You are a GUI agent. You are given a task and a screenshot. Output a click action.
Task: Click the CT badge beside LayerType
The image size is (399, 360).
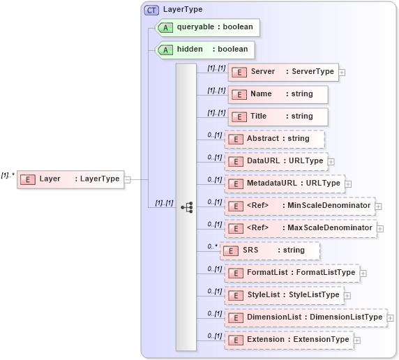(151, 10)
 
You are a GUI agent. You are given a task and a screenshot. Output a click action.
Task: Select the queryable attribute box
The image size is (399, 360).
(207, 27)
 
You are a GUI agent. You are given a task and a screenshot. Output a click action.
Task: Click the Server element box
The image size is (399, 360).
(283, 72)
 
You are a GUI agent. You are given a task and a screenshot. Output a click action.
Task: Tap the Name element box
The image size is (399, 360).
(278, 94)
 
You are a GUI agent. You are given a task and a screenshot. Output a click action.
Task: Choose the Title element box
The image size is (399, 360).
(278, 117)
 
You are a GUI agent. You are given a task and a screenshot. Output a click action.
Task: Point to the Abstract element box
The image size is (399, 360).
(275, 139)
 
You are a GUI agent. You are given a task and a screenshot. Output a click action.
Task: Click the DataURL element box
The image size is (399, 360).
(275, 161)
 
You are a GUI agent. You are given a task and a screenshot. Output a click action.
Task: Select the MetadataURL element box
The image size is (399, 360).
(284, 183)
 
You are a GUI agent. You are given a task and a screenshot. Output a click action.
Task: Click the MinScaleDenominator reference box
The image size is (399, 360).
(299, 206)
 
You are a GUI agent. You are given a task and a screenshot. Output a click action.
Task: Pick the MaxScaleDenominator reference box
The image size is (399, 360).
(300, 228)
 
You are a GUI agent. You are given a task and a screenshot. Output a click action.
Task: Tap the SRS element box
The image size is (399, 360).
(270, 250)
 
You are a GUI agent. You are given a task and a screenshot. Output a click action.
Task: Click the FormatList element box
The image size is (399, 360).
(292, 273)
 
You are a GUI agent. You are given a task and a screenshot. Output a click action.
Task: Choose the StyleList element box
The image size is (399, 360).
(284, 295)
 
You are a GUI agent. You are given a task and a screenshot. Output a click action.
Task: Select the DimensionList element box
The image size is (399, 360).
(305, 317)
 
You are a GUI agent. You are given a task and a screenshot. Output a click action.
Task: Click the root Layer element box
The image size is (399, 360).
(70, 179)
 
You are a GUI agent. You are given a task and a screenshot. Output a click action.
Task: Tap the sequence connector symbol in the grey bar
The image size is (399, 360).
(186, 207)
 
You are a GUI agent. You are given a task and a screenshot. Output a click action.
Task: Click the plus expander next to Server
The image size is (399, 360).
(342, 72)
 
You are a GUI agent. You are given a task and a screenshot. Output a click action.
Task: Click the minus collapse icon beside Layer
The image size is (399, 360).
(127, 179)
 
